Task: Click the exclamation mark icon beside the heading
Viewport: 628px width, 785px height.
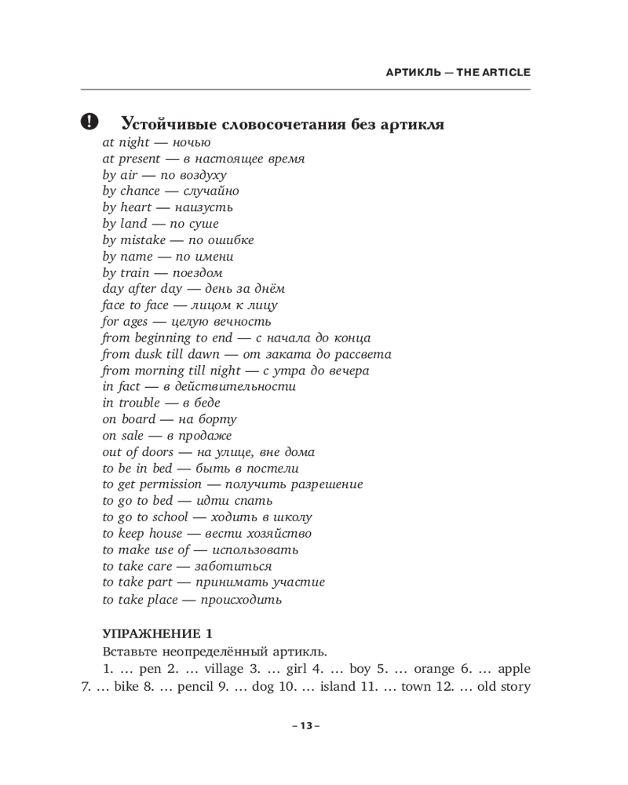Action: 90,122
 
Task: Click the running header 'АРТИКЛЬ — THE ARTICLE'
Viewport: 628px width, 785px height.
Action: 458,72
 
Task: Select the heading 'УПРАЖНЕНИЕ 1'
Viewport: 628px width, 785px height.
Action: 158,633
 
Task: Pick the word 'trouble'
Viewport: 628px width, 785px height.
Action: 138,403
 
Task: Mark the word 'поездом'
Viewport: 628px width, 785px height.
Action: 197,273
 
